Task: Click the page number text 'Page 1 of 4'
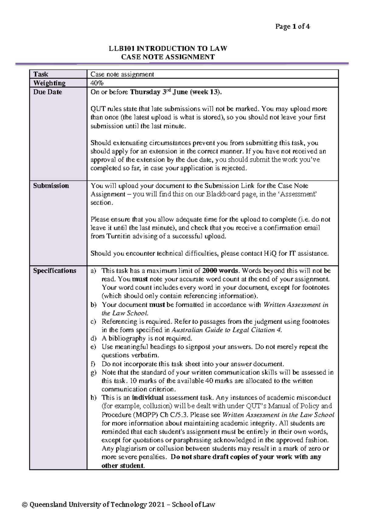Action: (292, 27)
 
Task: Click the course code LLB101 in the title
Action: (122, 49)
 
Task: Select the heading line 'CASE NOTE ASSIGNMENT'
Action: (168, 57)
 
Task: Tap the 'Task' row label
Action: (41, 74)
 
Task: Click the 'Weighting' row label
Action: (49, 83)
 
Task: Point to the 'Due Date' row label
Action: (47, 92)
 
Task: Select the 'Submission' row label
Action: (51, 186)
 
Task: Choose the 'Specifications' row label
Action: (54, 271)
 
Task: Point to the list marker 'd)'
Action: (93, 339)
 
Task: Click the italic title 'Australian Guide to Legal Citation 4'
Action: (227, 330)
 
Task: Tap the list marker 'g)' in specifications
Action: (93, 372)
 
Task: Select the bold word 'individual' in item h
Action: (148, 398)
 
